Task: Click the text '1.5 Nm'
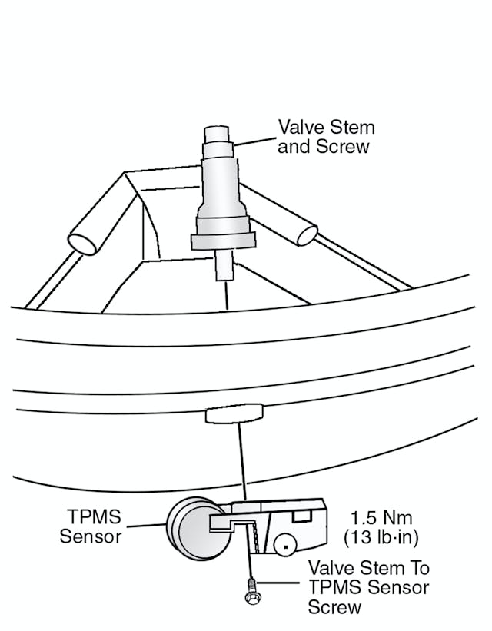(382, 517)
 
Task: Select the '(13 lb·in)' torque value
(382, 536)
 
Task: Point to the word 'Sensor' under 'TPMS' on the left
(91, 536)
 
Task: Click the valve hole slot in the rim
(234, 414)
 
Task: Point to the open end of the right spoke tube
(306, 234)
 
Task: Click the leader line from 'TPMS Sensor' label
(147, 526)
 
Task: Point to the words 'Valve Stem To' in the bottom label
(368, 569)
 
